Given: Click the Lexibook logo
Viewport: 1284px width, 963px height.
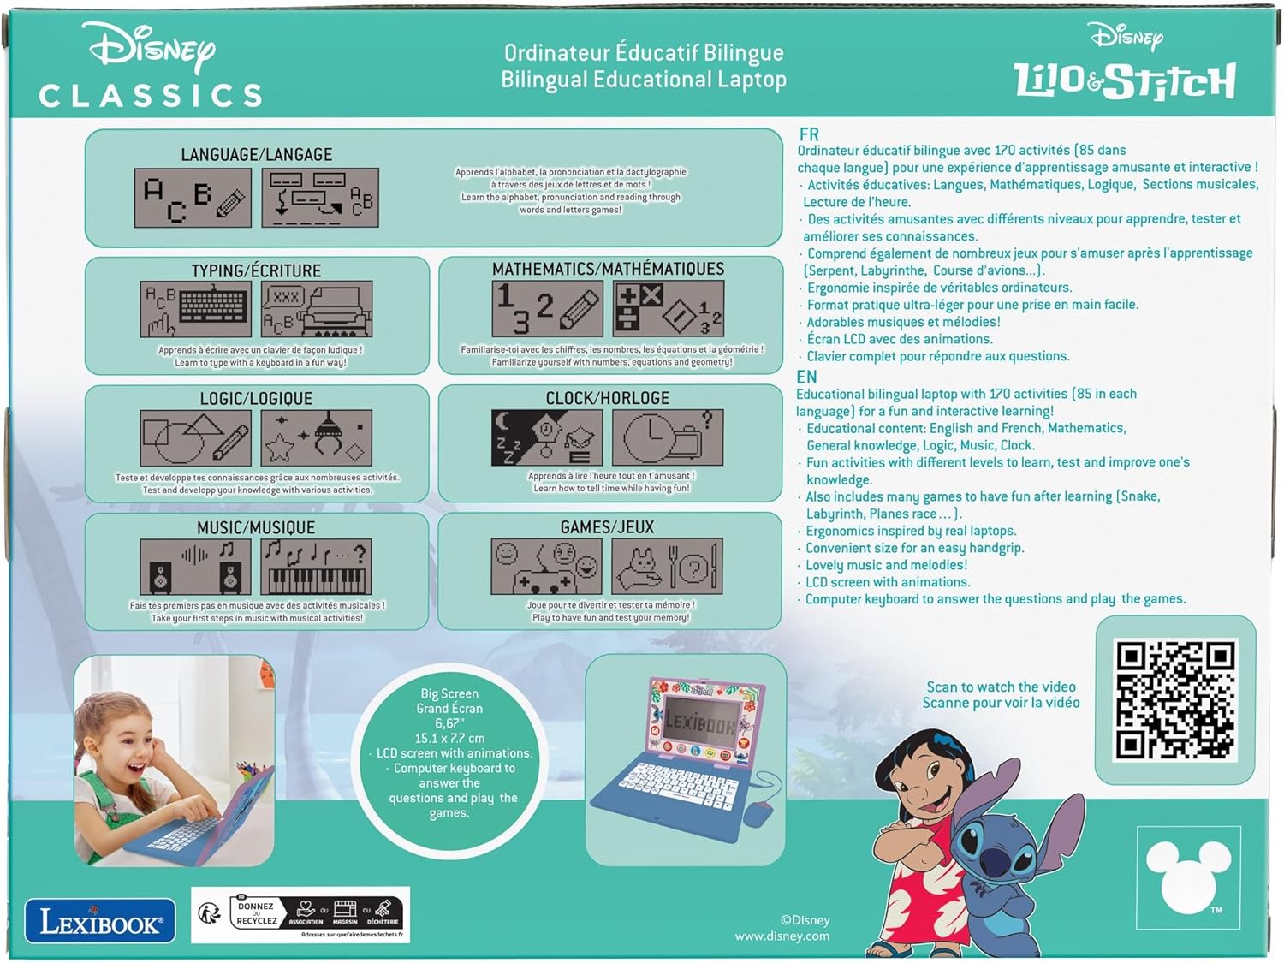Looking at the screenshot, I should click(99, 922).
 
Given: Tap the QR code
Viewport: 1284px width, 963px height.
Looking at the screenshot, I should click(1175, 700).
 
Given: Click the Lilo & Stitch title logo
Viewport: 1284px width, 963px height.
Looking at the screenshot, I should click(1125, 80).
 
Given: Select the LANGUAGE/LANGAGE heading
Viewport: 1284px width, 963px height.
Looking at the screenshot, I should click(256, 155).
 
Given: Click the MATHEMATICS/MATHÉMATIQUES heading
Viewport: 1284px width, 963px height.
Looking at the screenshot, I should click(608, 269).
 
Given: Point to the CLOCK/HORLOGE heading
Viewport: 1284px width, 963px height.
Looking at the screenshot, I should click(608, 398).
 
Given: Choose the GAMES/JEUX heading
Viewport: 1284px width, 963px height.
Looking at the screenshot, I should click(607, 527).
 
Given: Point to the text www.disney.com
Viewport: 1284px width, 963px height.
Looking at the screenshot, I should click(782, 936).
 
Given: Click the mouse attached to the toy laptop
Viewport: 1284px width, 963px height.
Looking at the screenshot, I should click(758, 812).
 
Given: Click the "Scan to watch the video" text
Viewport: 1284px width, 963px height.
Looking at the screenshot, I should click(1001, 687).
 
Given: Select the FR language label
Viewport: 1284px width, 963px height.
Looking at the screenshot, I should click(809, 134).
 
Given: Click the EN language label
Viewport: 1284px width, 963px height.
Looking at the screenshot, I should click(806, 377).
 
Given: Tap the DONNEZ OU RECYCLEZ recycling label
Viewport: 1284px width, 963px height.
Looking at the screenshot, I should click(256, 913).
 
